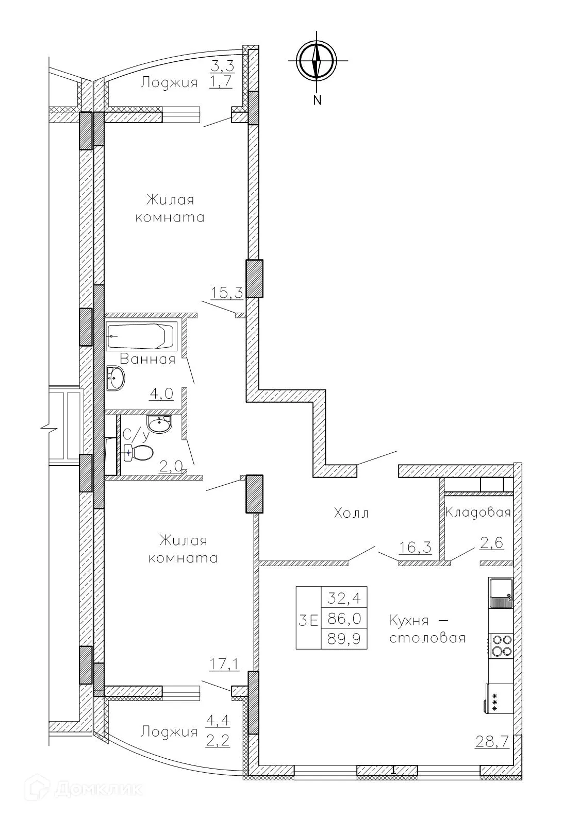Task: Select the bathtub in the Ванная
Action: (x=141, y=336)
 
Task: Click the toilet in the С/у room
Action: (x=140, y=453)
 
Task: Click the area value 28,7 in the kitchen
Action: (x=492, y=742)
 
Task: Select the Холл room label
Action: (x=351, y=513)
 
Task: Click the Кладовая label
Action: (x=477, y=513)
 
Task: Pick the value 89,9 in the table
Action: (x=344, y=639)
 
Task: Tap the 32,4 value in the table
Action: (x=344, y=599)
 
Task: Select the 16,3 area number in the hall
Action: (x=415, y=547)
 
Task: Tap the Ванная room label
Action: (x=147, y=359)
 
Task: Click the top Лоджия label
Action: (x=170, y=83)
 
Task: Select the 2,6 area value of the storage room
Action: (x=491, y=543)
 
